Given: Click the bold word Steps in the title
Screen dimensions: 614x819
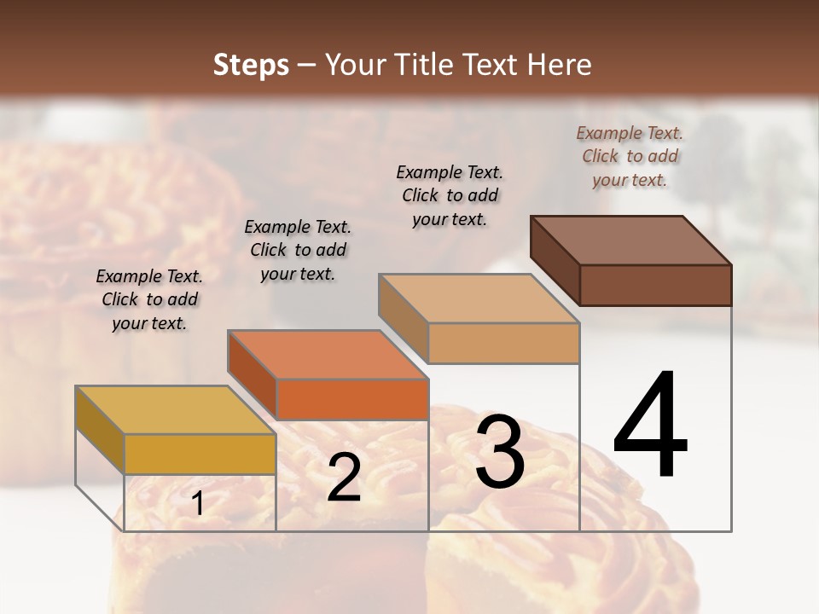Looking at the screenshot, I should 251,65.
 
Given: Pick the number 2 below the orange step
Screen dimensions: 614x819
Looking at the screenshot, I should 344,478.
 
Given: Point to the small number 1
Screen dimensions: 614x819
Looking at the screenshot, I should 198,504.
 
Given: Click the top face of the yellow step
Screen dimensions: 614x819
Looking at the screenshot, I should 176,410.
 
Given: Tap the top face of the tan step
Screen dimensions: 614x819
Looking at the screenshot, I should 479,298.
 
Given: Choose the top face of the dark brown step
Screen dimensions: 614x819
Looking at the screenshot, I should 630,240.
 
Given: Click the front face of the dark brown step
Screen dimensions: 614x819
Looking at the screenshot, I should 655,285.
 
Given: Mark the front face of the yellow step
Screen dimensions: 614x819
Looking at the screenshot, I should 200,454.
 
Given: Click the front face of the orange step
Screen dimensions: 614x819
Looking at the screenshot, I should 352,399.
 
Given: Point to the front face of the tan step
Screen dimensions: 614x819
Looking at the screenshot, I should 503,343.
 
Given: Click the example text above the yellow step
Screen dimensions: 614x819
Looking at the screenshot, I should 149,299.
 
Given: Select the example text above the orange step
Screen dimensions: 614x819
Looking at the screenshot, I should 298,250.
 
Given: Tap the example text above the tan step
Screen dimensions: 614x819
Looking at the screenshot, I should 450,195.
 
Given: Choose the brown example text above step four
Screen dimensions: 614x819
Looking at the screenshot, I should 630,156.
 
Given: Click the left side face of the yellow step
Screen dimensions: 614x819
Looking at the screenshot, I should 100,429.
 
